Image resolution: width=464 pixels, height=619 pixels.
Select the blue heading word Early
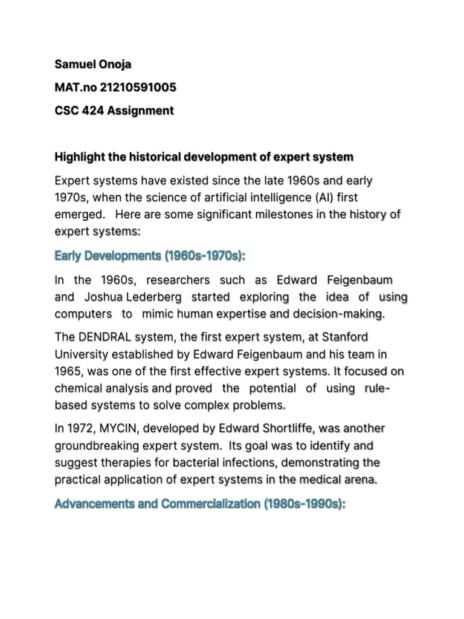coord(68,256)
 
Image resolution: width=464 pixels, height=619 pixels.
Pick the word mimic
coord(161,314)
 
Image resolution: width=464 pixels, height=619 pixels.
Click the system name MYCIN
coord(122,428)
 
